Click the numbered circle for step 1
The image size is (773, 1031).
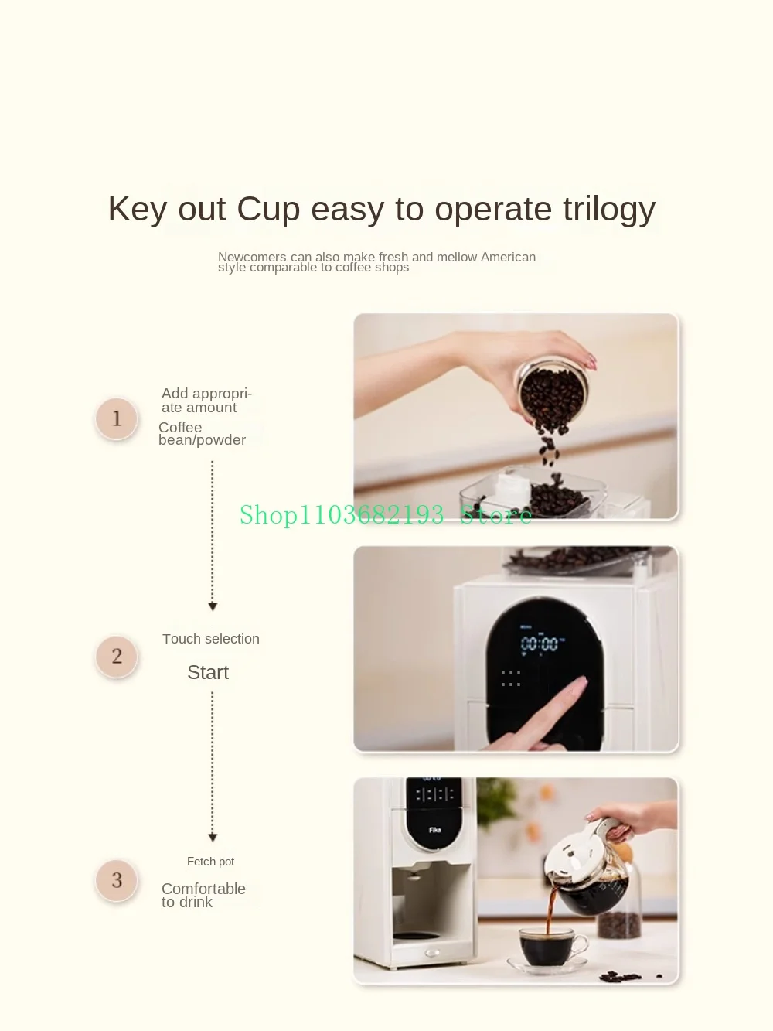pyautogui.click(x=117, y=418)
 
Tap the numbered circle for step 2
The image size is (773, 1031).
pyautogui.click(x=117, y=656)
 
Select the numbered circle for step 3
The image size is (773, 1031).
pyautogui.click(x=117, y=880)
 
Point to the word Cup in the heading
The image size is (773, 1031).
pyautogui.click(x=268, y=210)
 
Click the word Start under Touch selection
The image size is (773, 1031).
pyautogui.click(x=208, y=672)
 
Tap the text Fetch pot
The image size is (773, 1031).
pyautogui.click(x=210, y=862)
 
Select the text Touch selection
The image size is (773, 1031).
pyautogui.click(x=211, y=639)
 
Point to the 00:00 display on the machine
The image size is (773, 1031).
pyautogui.click(x=540, y=644)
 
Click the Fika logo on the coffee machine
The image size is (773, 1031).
pyautogui.click(x=434, y=829)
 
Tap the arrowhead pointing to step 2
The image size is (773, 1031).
pyautogui.click(x=213, y=606)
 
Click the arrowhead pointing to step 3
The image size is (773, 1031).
pyautogui.click(x=213, y=837)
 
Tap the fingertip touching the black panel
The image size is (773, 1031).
pyautogui.click(x=581, y=681)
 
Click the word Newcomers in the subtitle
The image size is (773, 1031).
pyautogui.click(x=252, y=257)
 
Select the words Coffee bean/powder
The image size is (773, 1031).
pyautogui.click(x=202, y=434)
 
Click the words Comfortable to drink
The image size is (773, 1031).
pyautogui.click(x=203, y=895)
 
